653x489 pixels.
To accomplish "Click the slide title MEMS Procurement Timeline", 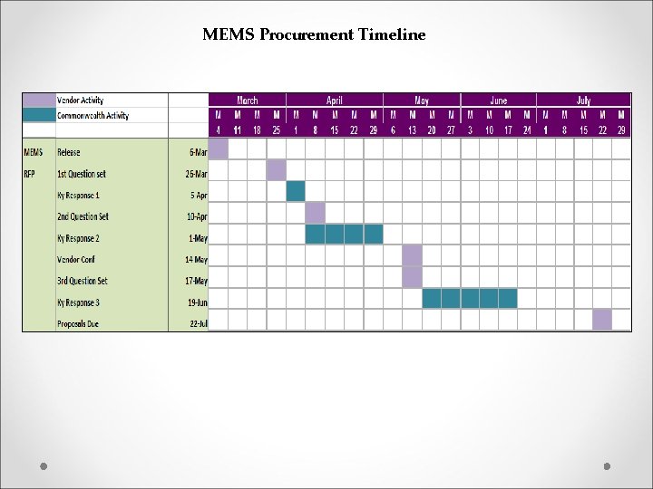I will coord(314,35).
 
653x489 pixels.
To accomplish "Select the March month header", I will coord(247,101).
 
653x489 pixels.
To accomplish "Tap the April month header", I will coord(334,101).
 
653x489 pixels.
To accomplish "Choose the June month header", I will coord(498,101).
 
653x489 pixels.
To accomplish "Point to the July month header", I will coord(583,101).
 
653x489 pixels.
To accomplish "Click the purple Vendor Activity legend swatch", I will coord(39,101).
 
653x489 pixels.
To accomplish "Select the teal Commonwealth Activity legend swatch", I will coord(39,116).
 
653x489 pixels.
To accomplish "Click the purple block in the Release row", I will coord(219,149).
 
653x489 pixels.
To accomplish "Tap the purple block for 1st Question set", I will coord(276,170).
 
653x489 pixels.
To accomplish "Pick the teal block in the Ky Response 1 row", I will coord(296,191).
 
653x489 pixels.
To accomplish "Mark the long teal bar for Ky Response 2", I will coord(344,235).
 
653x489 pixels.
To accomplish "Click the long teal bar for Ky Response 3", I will coord(469,299).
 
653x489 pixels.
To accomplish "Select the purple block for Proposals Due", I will coord(602,320).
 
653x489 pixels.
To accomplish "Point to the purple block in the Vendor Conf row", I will coord(412,255).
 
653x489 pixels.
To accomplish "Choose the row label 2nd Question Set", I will coord(83,217).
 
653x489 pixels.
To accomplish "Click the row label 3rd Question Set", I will coord(83,282).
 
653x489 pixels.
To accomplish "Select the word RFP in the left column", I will coord(31,174).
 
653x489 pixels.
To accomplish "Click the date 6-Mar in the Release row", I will coord(197,152).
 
